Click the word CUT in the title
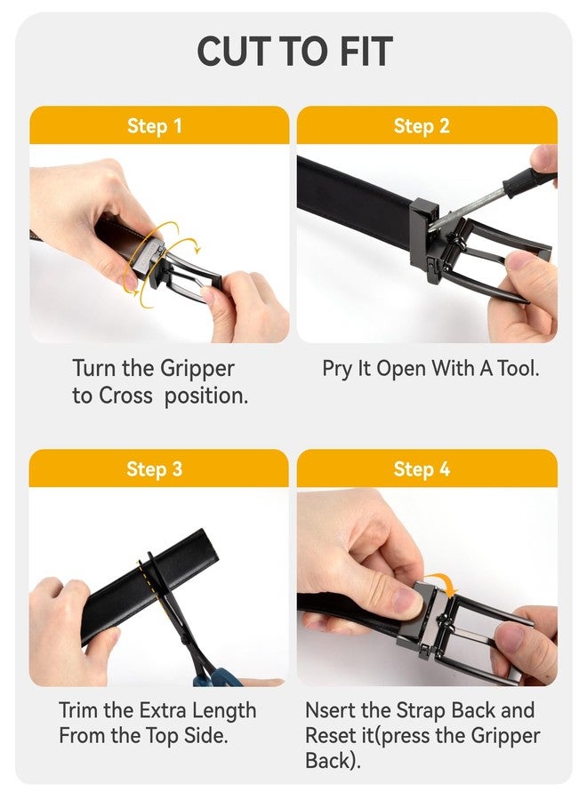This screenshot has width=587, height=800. [x=233, y=52]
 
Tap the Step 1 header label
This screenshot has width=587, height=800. [x=154, y=125]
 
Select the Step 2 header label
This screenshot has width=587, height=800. [x=422, y=125]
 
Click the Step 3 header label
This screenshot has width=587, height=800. [x=154, y=468]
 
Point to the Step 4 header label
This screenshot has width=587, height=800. [x=422, y=468]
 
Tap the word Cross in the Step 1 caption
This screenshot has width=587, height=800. [x=125, y=396]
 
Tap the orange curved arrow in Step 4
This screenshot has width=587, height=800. [x=442, y=581]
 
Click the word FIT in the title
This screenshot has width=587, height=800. [x=366, y=52]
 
